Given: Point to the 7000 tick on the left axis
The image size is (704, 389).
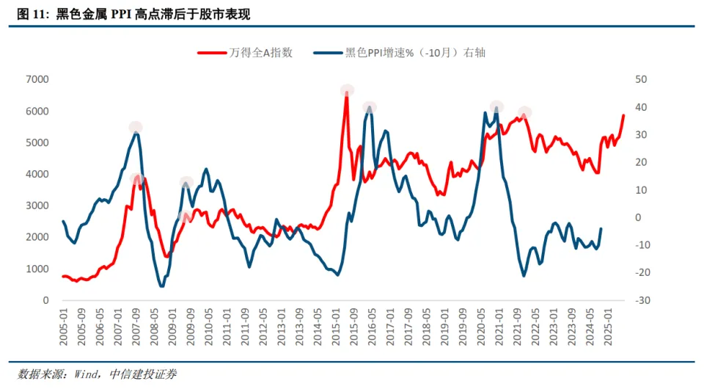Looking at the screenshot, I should pyautogui.click(x=37, y=79).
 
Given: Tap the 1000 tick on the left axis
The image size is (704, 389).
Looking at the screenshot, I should pyautogui.click(x=37, y=269).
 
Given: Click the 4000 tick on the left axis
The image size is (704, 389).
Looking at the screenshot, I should pyautogui.click(x=37, y=174).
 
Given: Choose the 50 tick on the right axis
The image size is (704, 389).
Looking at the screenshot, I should pyautogui.click(x=641, y=79).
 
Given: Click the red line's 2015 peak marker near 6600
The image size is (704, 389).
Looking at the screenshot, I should pyautogui.click(x=347, y=90).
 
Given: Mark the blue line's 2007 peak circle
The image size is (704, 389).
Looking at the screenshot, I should pyautogui.click(x=136, y=128).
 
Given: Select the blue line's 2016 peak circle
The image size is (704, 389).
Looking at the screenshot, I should pyautogui.click(x=370, y=108).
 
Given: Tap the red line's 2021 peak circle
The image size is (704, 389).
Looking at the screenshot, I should pyautogui.click(x=524, y=113).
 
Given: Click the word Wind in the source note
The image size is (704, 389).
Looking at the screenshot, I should pyautogui.click(x=86, y=374).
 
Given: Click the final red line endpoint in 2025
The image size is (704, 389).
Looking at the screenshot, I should pyautogui.click(x=623, y=115).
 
